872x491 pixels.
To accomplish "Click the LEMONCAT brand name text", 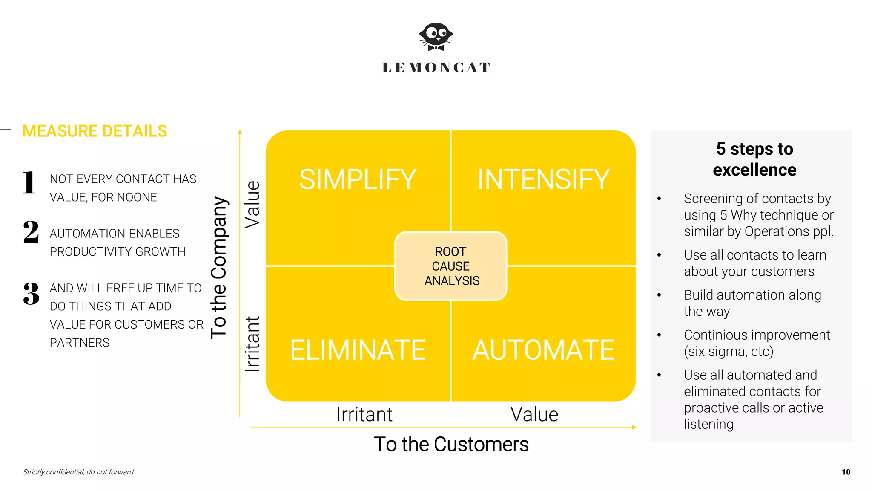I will coord(436,67).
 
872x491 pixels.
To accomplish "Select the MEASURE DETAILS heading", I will coord(95,131).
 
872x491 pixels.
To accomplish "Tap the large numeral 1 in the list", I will coord(29,182).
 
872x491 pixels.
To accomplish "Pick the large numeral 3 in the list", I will coord(31,294).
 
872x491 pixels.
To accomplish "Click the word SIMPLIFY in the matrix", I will coord(358,179).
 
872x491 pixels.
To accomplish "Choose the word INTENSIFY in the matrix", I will coord(543,179).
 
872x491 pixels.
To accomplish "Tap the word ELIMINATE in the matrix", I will coord(358,350).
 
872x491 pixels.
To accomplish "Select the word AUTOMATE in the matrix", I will coord(543,350).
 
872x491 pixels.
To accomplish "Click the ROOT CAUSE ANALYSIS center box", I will coord(451,266).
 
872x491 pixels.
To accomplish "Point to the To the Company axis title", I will coord(219,268).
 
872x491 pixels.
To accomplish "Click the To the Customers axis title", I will coord(451,444).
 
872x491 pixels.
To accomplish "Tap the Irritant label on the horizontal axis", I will coord(364,414).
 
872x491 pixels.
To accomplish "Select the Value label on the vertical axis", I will coord(252,205).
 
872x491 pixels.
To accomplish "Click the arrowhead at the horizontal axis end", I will coord(634,427).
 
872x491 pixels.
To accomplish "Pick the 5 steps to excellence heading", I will coord(754,159).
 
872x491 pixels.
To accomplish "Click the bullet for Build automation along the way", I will coord(659,295).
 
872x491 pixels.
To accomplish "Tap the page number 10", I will coord(846,472).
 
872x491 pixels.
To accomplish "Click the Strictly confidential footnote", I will coord(78,472).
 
